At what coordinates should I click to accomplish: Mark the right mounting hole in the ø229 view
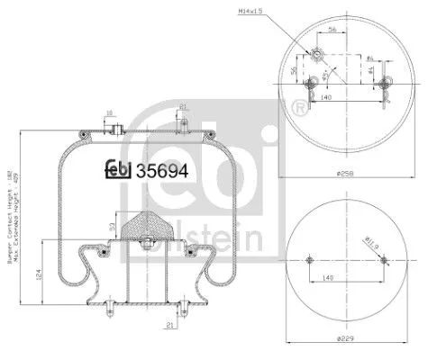pos(383,260)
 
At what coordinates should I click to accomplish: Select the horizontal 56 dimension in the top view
pos(332,29)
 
